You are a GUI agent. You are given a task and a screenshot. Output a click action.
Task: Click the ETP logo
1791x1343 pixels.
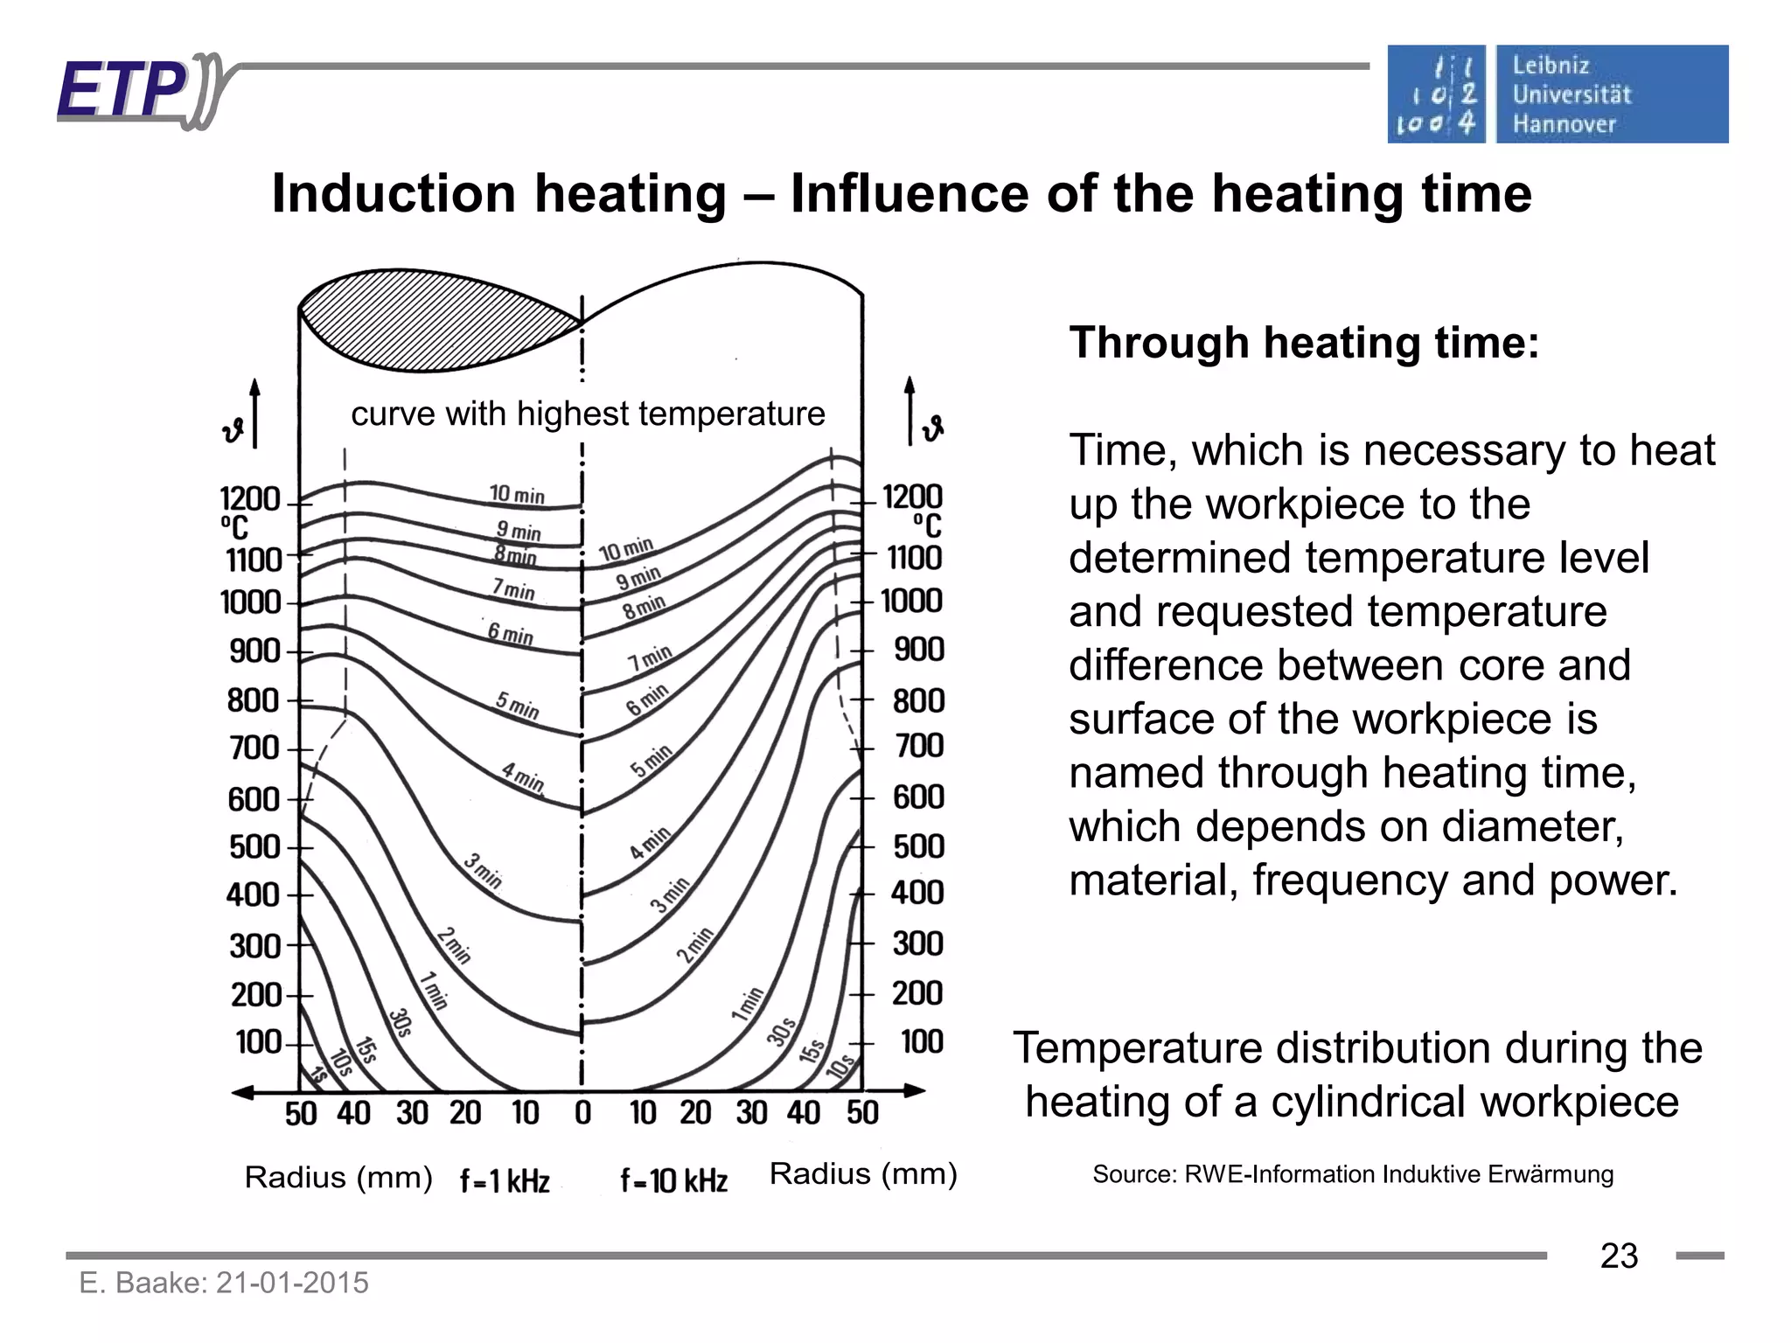click(131, 91)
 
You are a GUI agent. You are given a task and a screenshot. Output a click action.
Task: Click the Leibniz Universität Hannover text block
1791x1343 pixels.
click(1571, 94)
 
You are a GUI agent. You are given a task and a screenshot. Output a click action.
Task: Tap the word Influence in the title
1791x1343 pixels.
click(909, 193)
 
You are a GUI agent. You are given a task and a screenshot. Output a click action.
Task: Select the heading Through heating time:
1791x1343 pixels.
click(1303, 343)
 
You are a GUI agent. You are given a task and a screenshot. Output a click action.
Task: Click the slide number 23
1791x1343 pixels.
click(1618, 1256)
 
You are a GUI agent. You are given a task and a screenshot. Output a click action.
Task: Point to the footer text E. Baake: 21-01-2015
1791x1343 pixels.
click(224, 1283)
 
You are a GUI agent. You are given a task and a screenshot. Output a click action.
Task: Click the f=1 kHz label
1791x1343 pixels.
click(505, 1181)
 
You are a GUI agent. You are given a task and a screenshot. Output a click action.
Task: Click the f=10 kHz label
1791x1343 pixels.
click(673, 1181)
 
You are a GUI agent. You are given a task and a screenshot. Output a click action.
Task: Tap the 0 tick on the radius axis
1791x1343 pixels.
click(582, 1113)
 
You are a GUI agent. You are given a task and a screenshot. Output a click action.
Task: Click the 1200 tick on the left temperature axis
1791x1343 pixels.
click(250, 500)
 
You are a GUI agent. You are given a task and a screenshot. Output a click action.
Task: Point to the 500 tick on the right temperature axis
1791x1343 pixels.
click(918, 846)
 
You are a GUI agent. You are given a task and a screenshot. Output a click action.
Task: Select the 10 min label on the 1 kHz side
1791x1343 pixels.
click(516, 495)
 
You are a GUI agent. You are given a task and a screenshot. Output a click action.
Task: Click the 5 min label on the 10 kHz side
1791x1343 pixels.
click(652, 761)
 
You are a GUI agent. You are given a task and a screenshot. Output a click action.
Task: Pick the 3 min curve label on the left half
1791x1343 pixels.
click(483, 871)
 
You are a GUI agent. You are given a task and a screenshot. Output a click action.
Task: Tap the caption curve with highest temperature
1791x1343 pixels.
click(588, 414)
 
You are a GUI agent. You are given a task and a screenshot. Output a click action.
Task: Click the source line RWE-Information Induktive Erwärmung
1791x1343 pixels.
click(1352, 1174)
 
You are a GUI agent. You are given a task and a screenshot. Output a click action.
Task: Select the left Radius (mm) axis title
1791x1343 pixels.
click(338, 1178)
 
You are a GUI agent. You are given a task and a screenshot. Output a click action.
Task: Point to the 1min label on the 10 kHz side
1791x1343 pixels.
click(748, 1004)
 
